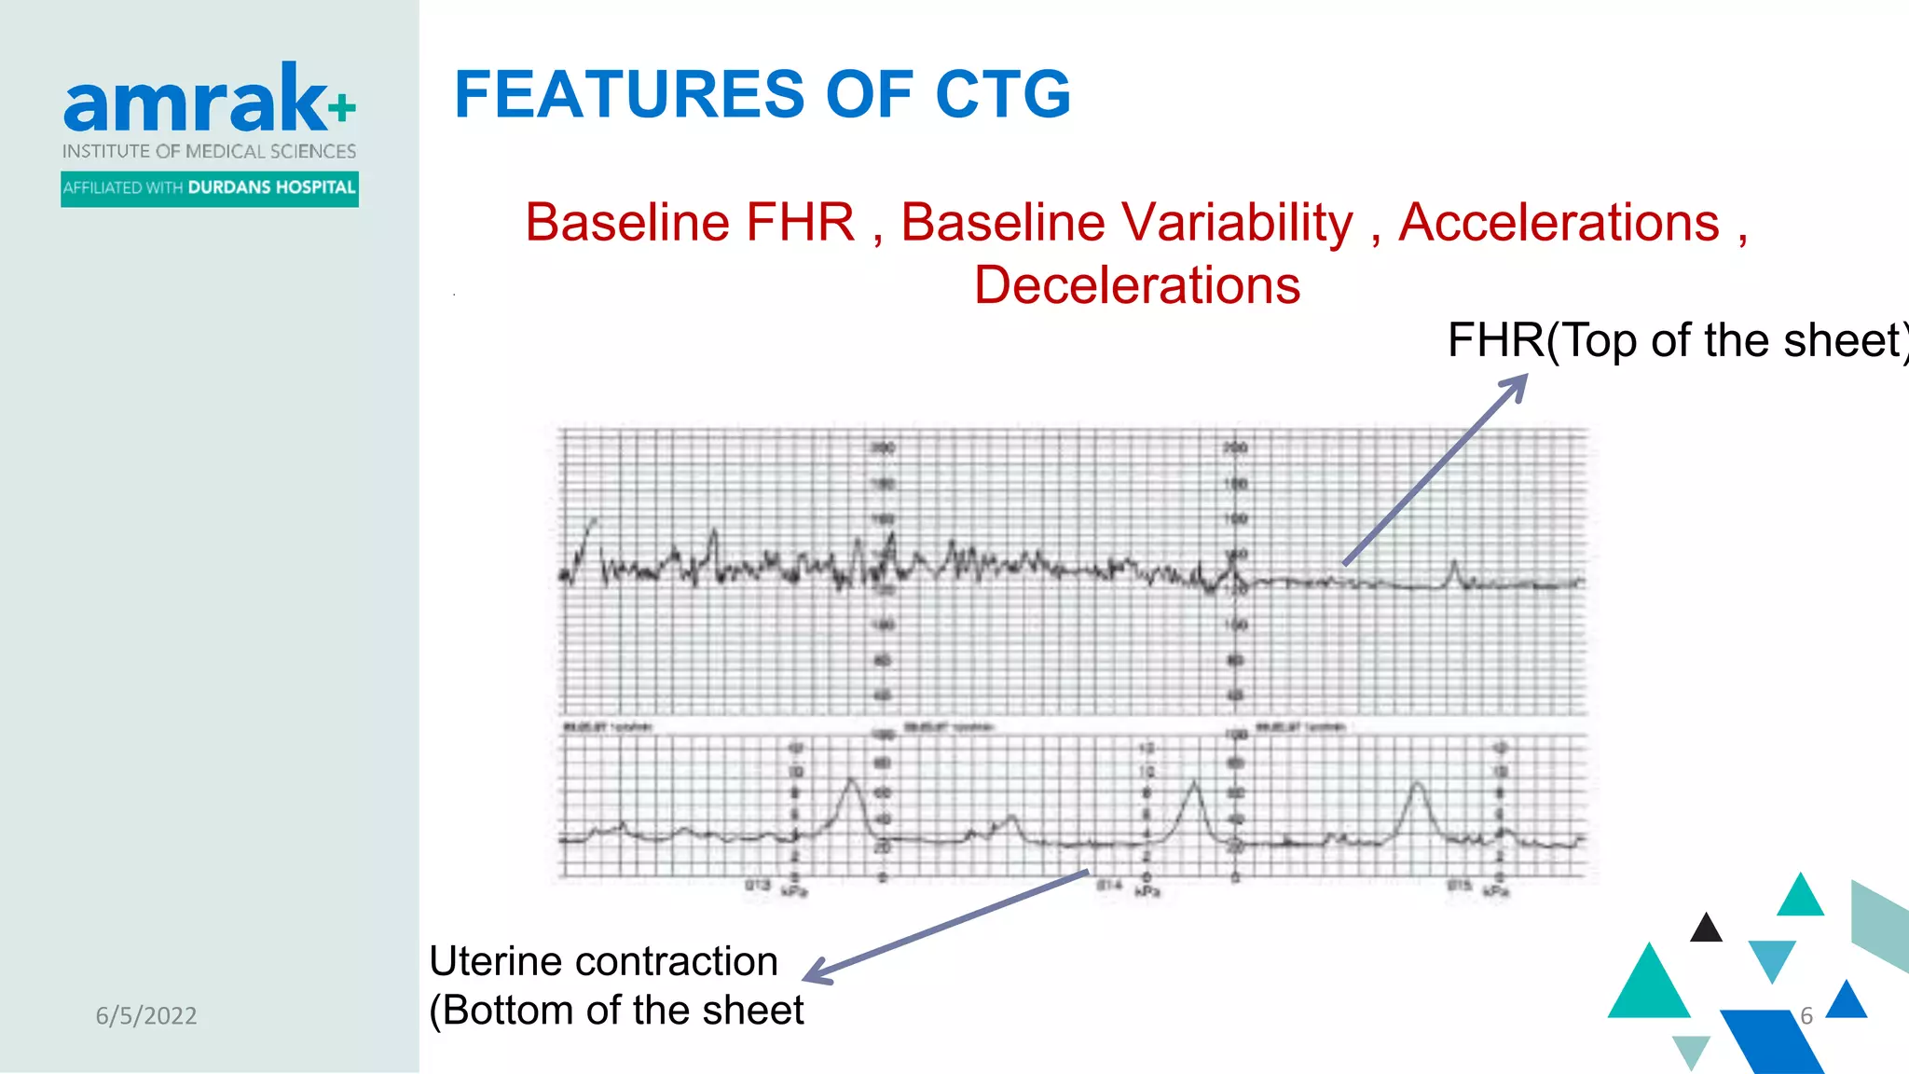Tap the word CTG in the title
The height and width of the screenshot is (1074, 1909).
1002,94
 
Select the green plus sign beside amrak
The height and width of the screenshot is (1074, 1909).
342,107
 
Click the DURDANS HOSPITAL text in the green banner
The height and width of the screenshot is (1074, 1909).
271,187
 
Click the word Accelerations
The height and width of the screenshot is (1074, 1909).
1559,223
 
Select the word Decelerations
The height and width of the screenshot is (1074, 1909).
1136,285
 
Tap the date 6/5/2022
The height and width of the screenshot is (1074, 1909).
146,1015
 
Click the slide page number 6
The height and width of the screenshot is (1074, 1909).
1806,1015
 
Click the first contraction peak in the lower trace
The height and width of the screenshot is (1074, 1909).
851,781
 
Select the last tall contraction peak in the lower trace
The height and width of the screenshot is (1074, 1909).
1417,786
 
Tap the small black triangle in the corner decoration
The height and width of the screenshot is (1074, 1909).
1706,929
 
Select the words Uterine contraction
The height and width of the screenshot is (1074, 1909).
603,961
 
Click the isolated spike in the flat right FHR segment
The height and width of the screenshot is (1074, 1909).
1454,565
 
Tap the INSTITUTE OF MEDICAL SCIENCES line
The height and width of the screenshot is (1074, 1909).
209,151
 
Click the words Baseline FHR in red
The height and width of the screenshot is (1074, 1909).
690,223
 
